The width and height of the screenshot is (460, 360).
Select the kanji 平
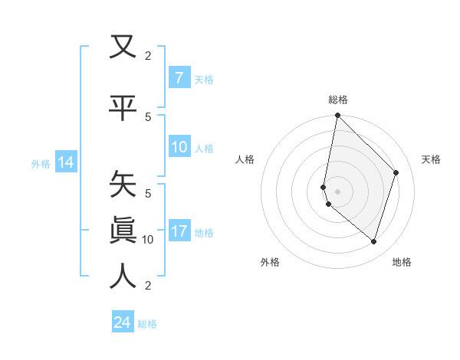coord(123,107)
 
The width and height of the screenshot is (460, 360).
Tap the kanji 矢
coord(123,185)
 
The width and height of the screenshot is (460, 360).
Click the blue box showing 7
coord(179,78)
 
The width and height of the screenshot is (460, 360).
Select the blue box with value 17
coord(179,232)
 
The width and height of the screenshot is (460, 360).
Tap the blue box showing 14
coord(65,162)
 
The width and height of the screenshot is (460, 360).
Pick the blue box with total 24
coord(122,322)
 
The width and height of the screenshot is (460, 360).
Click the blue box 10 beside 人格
coord(179,148)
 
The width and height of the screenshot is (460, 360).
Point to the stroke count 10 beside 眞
coord(148,239)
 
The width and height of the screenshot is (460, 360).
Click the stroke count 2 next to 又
coord(148,55)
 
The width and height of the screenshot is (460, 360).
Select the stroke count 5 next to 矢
coord(148,193)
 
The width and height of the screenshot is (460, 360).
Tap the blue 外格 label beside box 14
coord(41,163)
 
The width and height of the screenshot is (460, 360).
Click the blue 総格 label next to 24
coord(147,323)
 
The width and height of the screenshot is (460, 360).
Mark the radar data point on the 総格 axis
coord(337,115)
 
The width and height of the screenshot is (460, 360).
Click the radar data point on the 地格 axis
coord(373,241)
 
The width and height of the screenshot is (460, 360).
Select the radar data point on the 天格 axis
coord(396,172)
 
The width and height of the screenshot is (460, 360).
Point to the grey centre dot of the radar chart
coord(337,191)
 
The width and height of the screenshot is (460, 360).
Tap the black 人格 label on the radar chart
coord(245,159)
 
